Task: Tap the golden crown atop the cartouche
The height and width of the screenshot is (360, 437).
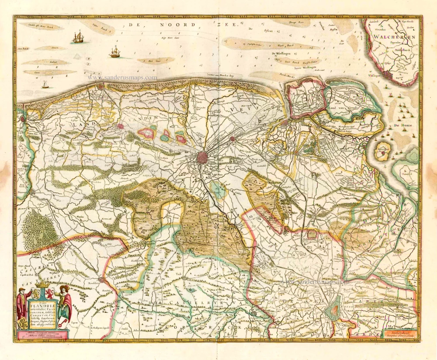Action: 42,285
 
